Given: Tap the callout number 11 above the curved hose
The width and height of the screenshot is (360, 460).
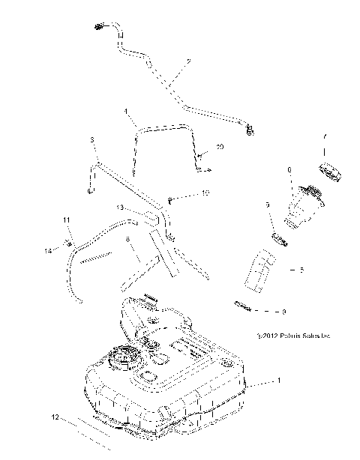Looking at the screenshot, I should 66,220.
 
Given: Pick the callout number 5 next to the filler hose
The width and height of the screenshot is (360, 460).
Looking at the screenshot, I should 301,269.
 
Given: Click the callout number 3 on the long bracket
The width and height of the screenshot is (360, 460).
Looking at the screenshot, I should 91,139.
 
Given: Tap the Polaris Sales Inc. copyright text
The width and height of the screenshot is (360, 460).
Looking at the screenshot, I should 292,337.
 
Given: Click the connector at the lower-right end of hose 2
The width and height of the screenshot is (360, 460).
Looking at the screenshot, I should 250,131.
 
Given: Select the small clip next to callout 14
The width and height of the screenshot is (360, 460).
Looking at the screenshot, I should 67,241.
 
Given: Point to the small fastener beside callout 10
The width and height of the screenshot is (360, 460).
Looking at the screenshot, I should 170,199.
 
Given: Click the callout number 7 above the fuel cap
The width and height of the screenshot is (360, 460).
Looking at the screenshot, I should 325,139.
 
